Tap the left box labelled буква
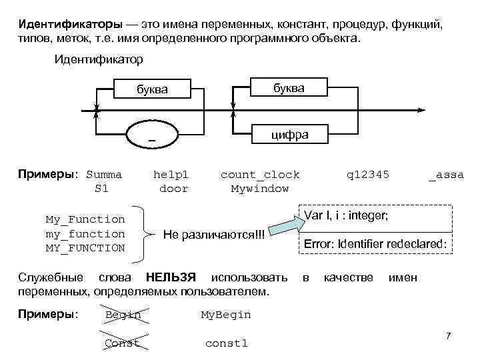(152, 89)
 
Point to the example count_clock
(260, 175)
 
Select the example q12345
(367, 175)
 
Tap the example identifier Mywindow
(260, 189)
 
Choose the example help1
(171, 175)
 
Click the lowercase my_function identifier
(85, 234)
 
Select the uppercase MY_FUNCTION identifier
(85, 248)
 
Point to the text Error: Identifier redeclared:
(375, 244)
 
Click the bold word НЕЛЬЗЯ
(171, 277)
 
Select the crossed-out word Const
(122, 343)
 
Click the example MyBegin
(226, 315)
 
